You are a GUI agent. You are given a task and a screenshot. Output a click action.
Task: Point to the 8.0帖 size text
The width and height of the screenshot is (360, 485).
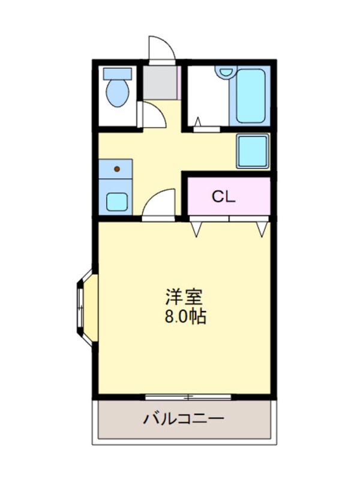pyautogui.click(x=185, y=316)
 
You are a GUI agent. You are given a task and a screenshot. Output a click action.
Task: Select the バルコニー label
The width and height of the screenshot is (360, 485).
pyautogui.click(x=184, y=418)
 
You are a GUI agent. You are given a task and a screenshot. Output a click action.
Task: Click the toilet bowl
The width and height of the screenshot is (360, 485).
pyautogui.click(x=117, y=93)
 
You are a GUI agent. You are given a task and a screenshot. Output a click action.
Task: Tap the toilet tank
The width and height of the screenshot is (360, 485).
pyautogui.click(x=117, y=74)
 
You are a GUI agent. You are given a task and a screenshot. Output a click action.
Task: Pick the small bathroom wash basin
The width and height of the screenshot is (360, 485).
pyautogui.click(x=225, y=71)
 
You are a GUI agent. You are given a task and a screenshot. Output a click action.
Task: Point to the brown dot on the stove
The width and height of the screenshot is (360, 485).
pyautogui.click(x=117, y=169)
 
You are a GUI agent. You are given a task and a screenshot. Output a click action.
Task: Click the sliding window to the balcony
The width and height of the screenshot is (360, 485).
pyautogui.click(x=188, y=397)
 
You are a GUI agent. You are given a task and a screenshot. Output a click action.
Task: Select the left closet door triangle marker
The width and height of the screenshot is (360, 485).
pyautogui.click(x=197, y=228)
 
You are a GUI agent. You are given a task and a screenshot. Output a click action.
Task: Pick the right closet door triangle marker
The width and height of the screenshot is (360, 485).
pyautogui.click(x=262, y=228)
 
